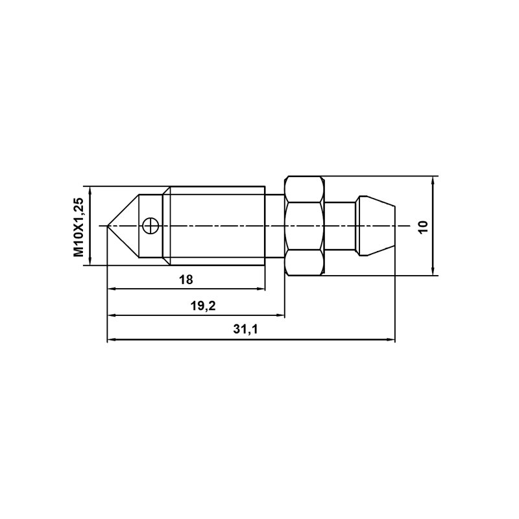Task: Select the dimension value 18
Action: (186, 280)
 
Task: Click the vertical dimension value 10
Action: (423, 226)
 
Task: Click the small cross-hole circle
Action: (149, 226)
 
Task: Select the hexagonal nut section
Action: (304, 226)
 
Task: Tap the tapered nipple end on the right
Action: (376, 226)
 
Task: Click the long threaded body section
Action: (217, 226)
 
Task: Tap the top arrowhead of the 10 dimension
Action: (433, 180)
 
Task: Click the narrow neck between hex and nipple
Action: (339, 226)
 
